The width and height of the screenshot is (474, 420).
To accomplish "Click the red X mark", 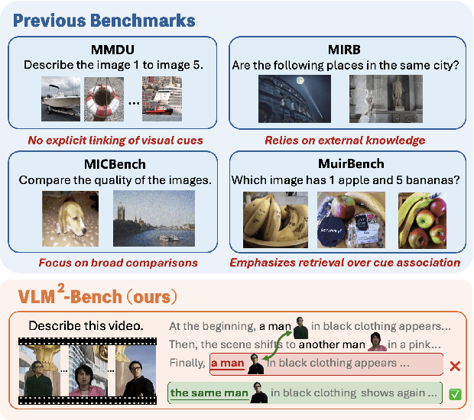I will [x=456, y=367].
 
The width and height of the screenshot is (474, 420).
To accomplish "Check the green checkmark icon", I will [x=456, y=395].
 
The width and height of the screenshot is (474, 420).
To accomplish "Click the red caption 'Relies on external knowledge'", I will [x=345, y=140].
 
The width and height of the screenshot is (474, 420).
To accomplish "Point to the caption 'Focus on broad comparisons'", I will [x=118, y=263].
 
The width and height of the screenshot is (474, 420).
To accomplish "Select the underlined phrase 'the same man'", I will [x=209, y=393].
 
